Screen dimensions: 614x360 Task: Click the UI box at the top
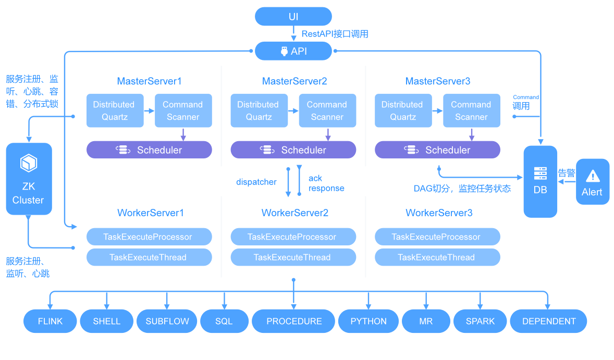(x=293, y=17)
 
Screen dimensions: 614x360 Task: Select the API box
(x=293, y=51)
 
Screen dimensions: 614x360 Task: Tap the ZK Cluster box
(x=29, y=179)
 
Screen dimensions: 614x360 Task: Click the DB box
(x=541, y=182)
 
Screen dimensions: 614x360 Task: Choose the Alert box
(x=593, y=182)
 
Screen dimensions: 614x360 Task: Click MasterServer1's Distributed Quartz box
(x=115, y=110)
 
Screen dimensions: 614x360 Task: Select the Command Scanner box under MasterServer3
(x=472, y=110)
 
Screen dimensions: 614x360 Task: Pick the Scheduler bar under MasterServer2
(x=293, y=150)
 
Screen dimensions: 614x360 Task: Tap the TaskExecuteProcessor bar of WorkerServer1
(x=149, y=237)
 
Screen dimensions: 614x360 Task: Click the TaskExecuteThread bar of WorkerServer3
(x=437, y=257)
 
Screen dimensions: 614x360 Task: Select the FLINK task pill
(x=50, y=321)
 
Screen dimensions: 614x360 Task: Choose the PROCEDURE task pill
(x=293, y=321)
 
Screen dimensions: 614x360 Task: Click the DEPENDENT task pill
(x=549, y=321)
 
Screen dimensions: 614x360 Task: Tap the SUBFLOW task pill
(x=167, y=321)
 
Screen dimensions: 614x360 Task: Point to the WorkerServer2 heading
(x=295, y=213)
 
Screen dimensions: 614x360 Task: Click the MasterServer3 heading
(x=438, y=81)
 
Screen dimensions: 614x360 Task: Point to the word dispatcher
(x=256, y=182)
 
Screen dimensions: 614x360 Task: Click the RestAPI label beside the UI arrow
(x=335, y=34)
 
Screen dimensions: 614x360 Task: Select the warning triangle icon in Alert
(x=593, y=177)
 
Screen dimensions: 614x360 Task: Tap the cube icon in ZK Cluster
(x=29, y=163)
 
